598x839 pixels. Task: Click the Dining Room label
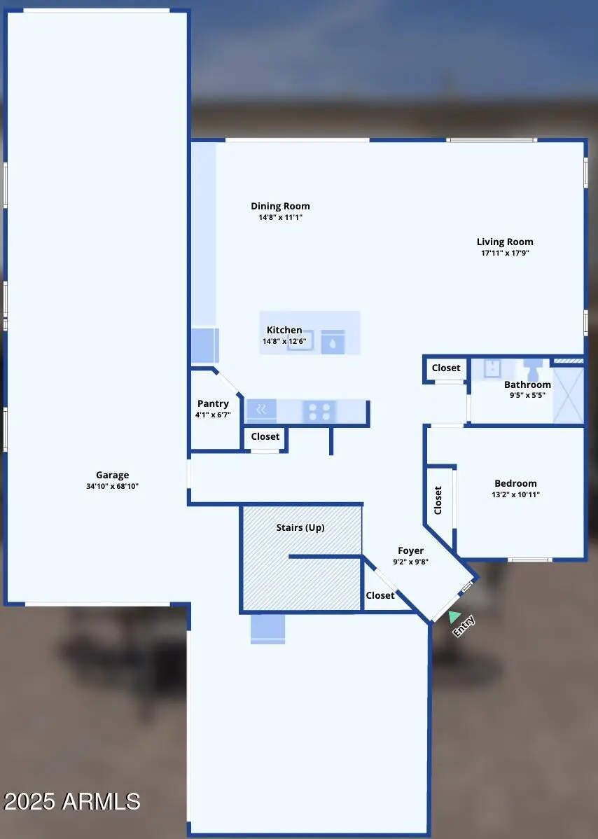click(280, 206)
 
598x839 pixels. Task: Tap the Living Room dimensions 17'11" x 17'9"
click(505, 253)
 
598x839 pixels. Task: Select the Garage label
click(112, 475)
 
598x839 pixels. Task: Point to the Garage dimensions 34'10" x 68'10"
click(112, 485)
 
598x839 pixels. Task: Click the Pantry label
click(213, 403)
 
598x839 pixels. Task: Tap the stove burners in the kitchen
click(319, 412)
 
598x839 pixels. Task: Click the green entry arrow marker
click(454, 616)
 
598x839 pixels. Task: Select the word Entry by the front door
click(464, 625)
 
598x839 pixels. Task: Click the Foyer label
click(410, 550)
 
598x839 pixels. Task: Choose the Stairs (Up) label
click(300, 527)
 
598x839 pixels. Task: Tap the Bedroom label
click(515, 483)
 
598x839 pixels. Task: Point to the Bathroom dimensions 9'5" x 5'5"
click(528, 394)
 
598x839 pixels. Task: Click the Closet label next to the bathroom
click(446, 368)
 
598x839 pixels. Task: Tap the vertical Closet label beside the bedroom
click(438, 501)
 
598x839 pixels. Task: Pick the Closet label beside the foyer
click(380, 595)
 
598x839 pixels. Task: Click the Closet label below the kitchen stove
click(265, 436)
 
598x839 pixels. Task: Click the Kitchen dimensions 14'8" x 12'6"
click(284, 341)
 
